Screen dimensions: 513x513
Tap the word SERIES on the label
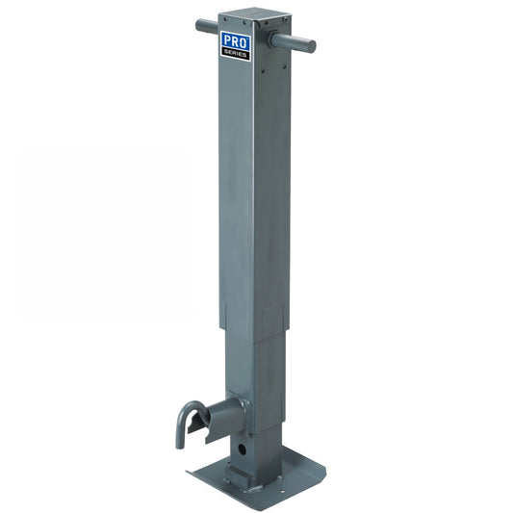tap(236, 53)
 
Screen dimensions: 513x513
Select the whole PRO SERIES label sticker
tap(236, 45)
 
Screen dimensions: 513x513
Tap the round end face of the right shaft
tap(311, 45)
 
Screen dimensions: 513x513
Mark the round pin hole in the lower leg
tap(241, 448)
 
